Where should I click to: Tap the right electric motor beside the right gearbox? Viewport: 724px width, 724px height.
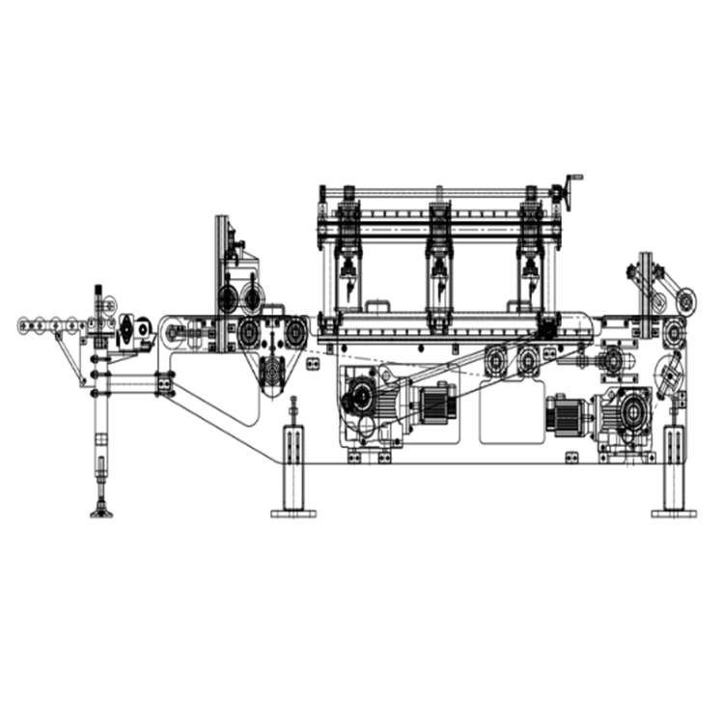click(567, 414)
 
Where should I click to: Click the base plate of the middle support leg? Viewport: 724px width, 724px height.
click(293, 513)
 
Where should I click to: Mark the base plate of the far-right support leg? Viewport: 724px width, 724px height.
click(674, 513)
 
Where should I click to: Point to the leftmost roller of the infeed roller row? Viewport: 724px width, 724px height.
click(26, 324)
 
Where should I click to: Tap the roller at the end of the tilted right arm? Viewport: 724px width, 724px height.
click(685, 299)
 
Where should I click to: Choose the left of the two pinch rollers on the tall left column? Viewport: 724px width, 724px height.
click(228, 296)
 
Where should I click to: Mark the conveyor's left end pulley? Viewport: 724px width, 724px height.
click(174, 334)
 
